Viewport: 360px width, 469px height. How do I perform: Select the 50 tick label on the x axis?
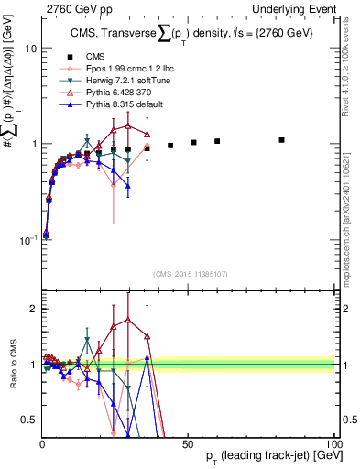click(187, 442)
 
